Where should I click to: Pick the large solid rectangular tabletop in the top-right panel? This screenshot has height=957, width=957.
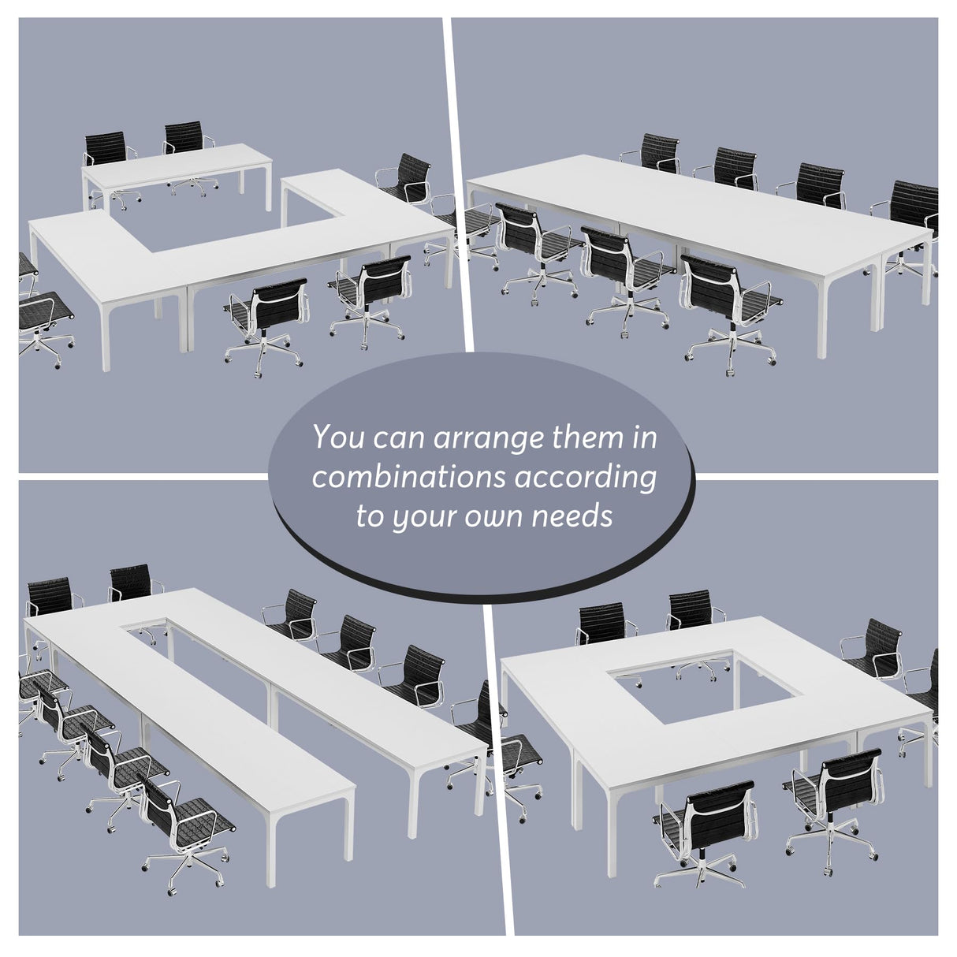point(694,213)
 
